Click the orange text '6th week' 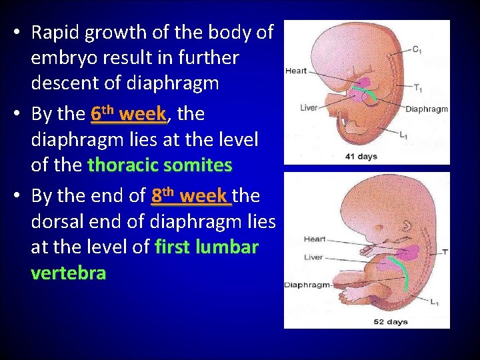127,114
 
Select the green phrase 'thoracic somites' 159,165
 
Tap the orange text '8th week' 189,196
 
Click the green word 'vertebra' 68,273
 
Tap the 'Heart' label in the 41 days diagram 296,71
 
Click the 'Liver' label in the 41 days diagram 308,107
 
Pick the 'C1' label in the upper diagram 416,50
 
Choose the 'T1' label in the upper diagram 417,88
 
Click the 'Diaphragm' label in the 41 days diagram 427,109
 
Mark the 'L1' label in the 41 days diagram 404,135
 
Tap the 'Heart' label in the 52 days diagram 315,239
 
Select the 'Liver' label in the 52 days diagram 313,257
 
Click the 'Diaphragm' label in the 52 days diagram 307,285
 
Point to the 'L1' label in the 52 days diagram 434,302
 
